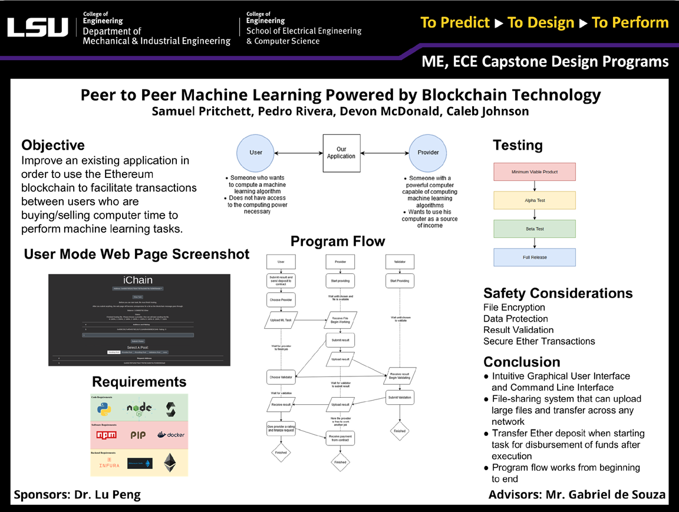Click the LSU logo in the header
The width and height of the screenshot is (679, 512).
click(38, 27)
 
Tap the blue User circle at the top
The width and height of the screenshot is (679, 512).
click(256, 152)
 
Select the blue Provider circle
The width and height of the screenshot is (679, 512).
click(428, 152)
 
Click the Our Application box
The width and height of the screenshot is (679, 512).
click(341, 153)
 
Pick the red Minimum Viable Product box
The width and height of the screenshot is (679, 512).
click(534, 171)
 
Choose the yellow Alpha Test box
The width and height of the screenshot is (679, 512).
click(534, 200)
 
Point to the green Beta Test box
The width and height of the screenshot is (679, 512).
click(534, 229)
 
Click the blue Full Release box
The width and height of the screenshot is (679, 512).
click(534, 257)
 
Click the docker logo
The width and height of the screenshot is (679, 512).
click(171, 435)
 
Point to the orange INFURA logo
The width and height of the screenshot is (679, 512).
click(110, 463)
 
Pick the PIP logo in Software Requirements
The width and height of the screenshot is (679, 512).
click(138, 435)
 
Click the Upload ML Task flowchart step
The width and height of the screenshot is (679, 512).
click(281, 320)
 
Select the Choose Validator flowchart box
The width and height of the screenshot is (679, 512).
click(281, 376)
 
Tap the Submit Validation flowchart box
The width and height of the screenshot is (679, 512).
click(400, 397)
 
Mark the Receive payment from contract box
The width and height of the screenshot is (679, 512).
click(340, 438)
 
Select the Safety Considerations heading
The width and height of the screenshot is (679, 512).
click(558, 293)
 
